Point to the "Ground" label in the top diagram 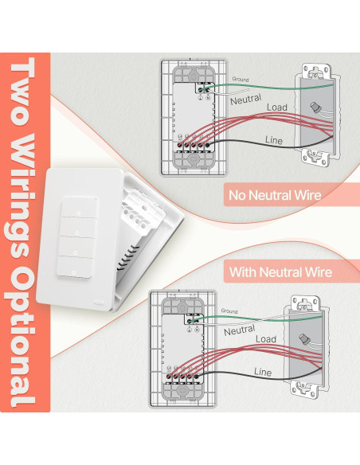[241, 80]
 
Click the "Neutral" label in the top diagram [247, 101]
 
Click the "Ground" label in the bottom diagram [229, 311]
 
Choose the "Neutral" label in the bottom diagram [240, 330]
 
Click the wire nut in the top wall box [319, 107]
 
